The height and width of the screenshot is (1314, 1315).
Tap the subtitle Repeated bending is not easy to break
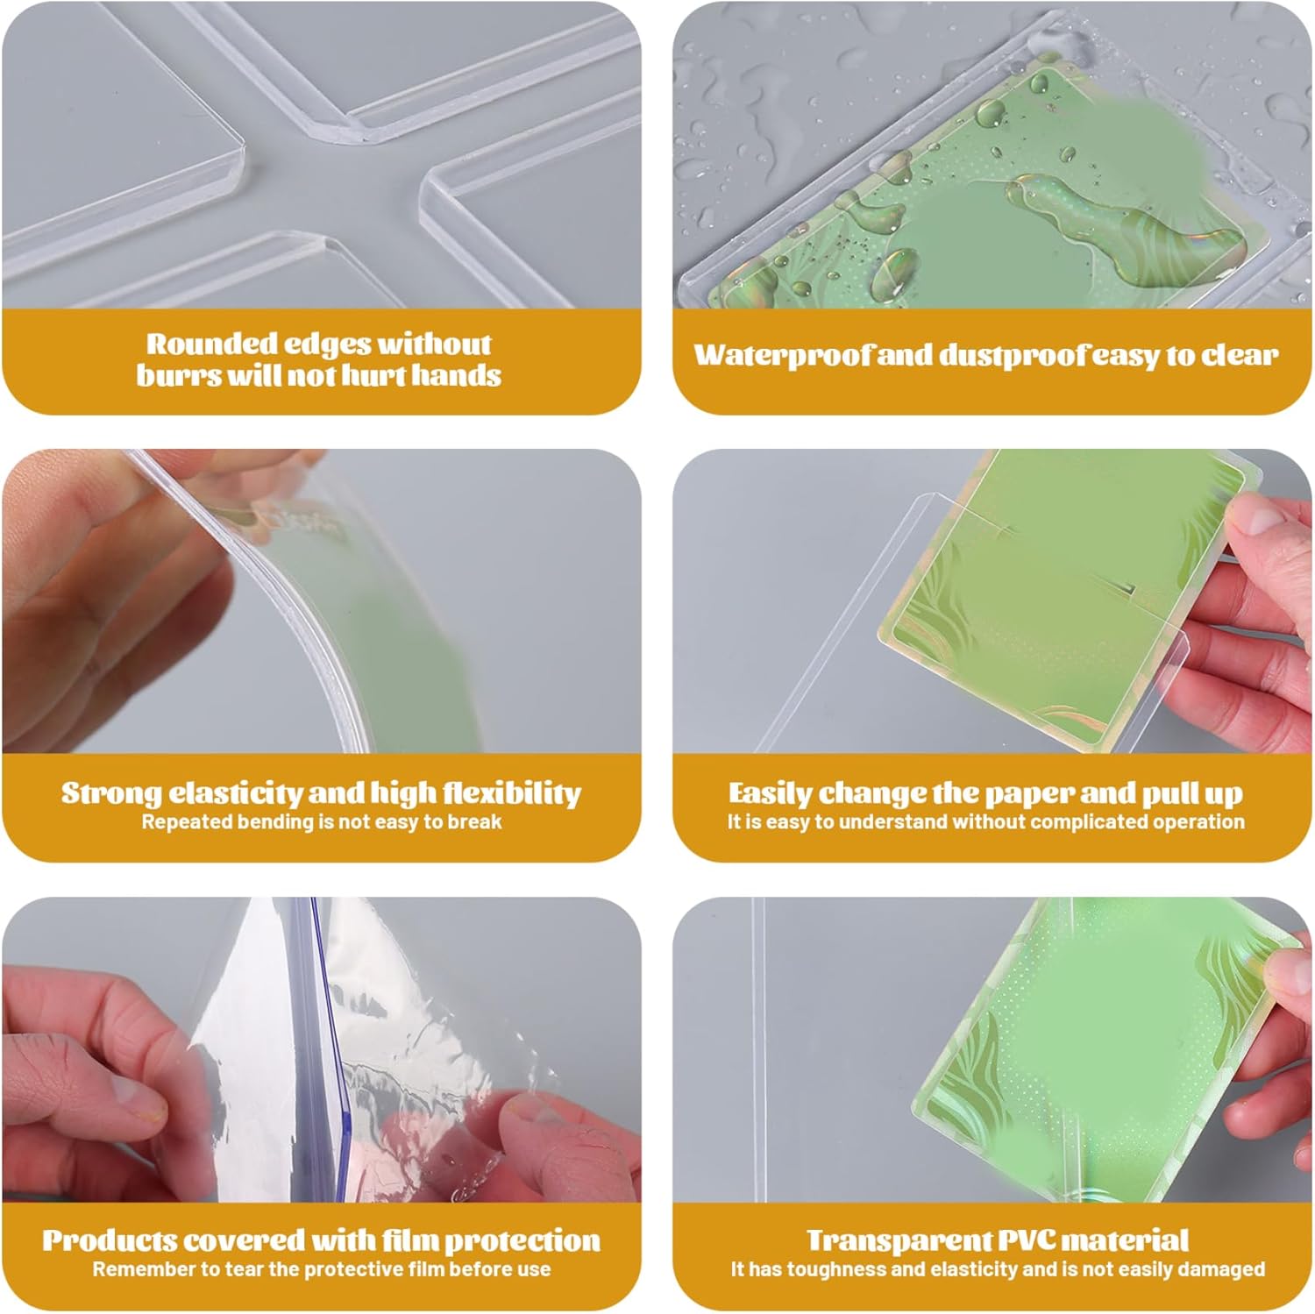[x=322, y=822]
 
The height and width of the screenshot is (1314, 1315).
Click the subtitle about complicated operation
[x=985, y=822]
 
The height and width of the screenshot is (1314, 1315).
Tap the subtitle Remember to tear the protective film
[x=322, y=1269]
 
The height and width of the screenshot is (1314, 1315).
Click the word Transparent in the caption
[x=899, y=1240]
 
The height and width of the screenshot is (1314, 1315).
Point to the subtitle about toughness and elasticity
[x=998, y=1269]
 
